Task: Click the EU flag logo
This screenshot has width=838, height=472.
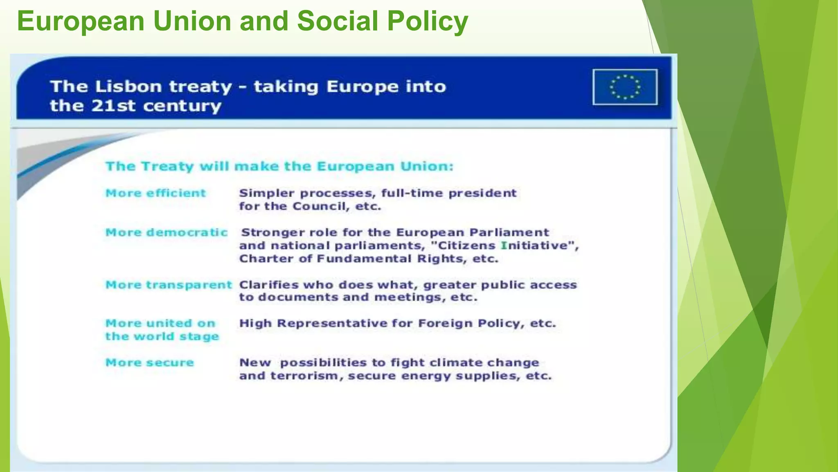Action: tap(625, 87)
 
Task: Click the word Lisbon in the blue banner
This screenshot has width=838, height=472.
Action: tap(128, 87)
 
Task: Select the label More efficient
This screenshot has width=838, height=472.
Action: tap(155, 193)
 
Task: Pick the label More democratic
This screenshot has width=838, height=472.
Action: tap(166, 232)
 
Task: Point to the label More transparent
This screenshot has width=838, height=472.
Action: tap(169, 285)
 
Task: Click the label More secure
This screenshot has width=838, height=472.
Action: tap(150, 363)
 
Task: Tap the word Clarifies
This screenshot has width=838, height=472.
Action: tap(268, 285)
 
